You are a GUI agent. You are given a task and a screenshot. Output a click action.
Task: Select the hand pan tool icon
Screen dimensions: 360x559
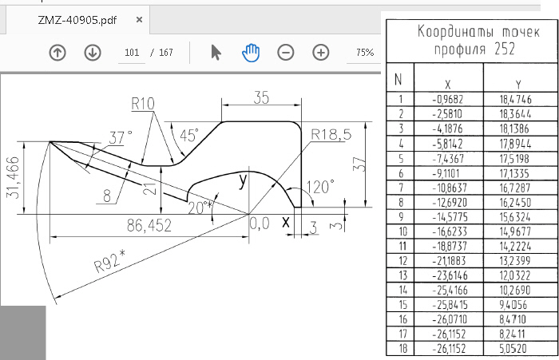point(251,53)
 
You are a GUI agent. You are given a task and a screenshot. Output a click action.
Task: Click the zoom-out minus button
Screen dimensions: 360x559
point(286,53)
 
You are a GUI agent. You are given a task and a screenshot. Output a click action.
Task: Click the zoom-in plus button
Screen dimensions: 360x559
point(320,53)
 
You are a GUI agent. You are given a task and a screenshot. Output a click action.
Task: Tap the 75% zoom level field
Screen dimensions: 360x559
point(365,53)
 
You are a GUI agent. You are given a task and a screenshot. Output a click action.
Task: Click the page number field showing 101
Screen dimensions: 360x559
point(132,53)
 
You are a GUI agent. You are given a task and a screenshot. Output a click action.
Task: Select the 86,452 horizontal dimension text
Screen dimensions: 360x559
point(149,227)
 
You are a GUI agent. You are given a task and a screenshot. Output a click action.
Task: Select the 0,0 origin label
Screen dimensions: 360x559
point(260,224)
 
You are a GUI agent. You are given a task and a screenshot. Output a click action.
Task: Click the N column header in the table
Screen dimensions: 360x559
point(398,81)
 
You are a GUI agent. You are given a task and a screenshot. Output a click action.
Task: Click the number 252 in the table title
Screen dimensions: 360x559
point(504,49)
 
